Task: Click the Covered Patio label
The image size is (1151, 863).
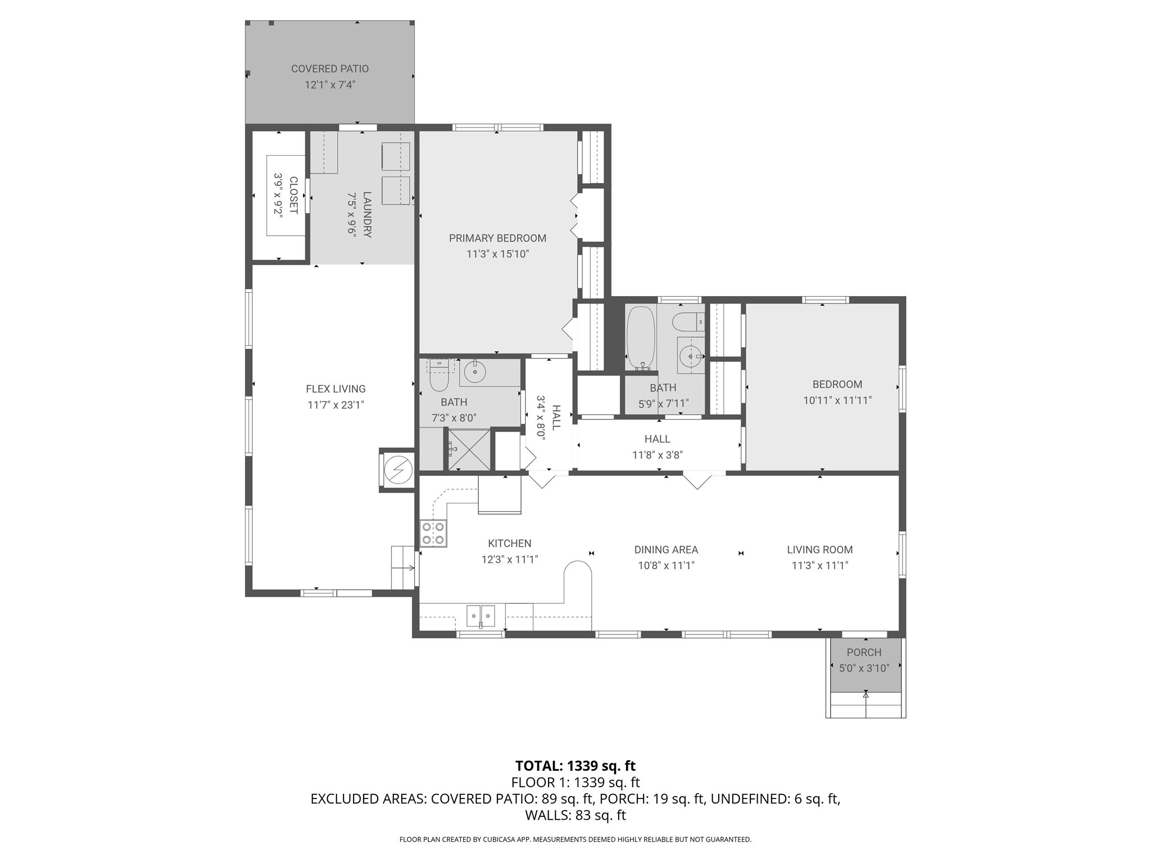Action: tap(330, 69)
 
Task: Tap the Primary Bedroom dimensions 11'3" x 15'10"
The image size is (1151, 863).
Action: tap(498, 254)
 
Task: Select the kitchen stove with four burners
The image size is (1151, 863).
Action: tap(433, 534)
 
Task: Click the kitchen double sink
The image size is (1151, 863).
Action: tap(481, 616)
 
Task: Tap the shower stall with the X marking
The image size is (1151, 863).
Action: tap(468, 449)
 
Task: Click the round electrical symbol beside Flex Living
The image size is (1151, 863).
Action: tap(398, 469)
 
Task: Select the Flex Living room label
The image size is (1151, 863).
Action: tap(336, 389)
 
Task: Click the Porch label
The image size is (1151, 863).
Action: tap(864, 652)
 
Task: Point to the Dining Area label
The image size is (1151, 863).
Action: tap(666, 549)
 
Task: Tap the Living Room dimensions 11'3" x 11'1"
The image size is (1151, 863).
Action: tap(820, 566)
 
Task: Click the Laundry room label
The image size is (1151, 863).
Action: tap(367, 215)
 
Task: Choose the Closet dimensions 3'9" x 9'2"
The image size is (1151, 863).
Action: tap(278, 194)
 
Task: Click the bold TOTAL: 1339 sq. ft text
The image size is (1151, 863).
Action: tap(575, 766)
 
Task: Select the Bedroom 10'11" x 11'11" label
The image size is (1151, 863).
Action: tap(837, 384)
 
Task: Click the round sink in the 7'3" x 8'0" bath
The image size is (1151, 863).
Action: tap(476, 371)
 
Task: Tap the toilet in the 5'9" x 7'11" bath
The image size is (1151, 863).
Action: tap(688, 322)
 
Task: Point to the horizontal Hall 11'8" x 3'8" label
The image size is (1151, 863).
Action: tap(658, 439)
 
